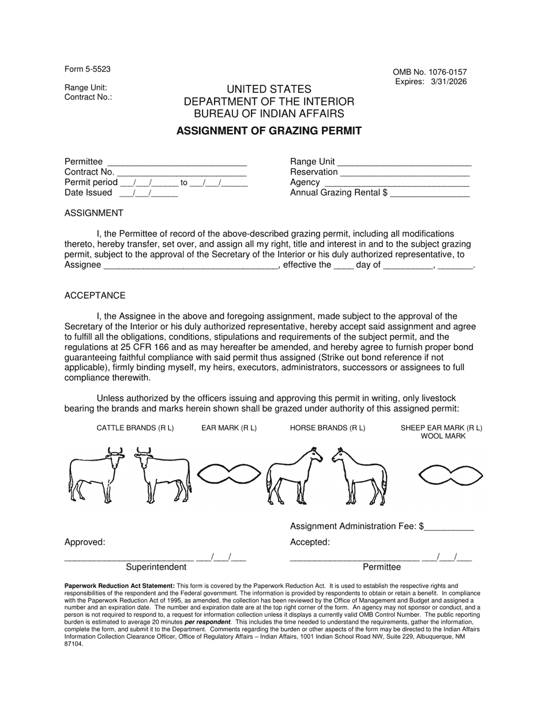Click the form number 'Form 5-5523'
coord(88,69)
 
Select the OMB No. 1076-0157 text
coord(430,72)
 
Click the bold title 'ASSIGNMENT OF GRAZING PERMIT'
coord(269,131)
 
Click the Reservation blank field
coord(405,173)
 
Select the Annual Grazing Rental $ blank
coord(430,194)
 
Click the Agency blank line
coord(396,183)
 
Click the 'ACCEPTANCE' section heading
coord(95,296)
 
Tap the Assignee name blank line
coord(190,266)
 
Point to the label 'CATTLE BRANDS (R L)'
coord(135,428)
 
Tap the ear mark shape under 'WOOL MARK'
coord(450,474)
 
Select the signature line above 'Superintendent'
coord(128,558)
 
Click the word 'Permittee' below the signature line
coord(381,567)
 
